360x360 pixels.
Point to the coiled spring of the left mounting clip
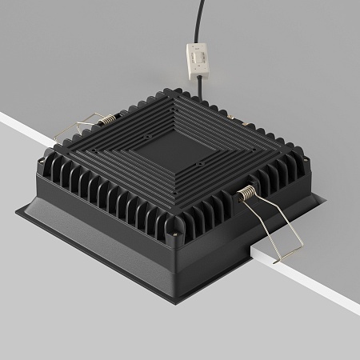click(x=106, y=121)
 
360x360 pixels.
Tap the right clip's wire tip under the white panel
click(x=276, y=258)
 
